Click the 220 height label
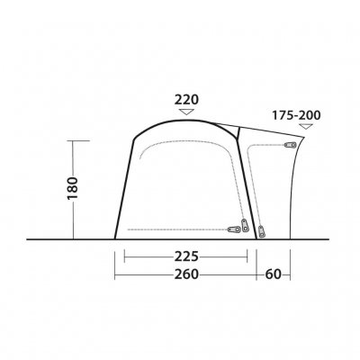coord(186,100)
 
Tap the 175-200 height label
coord(296,115)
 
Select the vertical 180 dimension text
coord(73,188)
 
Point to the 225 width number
coord(186,256)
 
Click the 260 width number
coord(186,274)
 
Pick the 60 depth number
coord(273,274)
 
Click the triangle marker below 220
coord(186,112)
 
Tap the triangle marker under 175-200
coord(305,126)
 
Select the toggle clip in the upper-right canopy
coord(290,145)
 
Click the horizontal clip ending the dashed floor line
coord(234,229)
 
